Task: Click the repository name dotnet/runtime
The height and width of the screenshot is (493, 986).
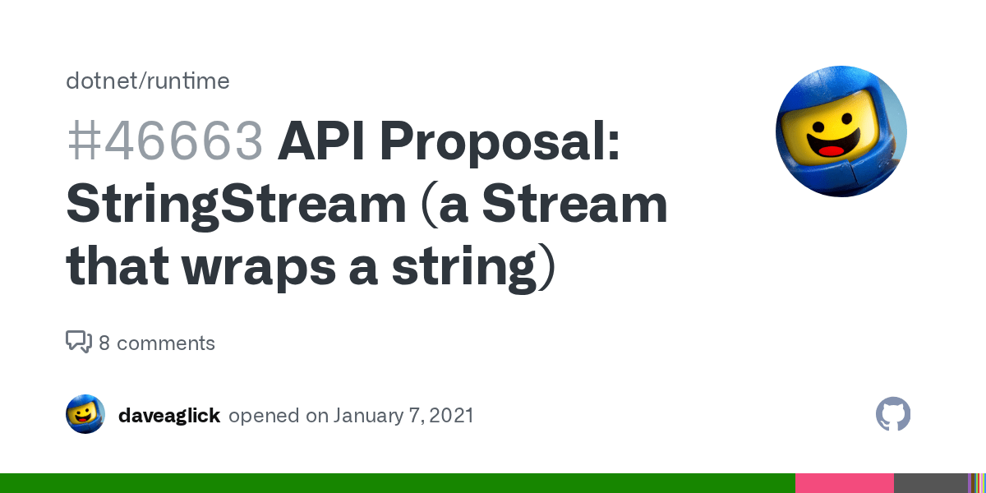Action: [x=148, y=81]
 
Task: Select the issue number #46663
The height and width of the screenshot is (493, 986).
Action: [x=164, y=142]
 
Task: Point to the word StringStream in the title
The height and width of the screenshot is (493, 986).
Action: [x=236, y=205]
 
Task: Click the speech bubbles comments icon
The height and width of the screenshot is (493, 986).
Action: [x=79, y=342]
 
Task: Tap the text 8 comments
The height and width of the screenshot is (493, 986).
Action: [x=157, y=343]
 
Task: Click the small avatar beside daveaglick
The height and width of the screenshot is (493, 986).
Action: [x=85, y=414]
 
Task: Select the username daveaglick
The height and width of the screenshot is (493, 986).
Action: [x=169, y=416]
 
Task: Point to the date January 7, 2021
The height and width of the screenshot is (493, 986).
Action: [x=403, y=416]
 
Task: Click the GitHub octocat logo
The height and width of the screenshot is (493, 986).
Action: [x=893, y=414]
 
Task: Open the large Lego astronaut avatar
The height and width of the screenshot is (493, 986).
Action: [x=841, y=131]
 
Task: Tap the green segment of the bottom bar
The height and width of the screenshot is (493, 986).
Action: [x=394, y=483]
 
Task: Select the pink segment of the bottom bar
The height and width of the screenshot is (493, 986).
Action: [x=844, y=483]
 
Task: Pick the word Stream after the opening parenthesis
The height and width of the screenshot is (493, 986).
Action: [x=574, y=205]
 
